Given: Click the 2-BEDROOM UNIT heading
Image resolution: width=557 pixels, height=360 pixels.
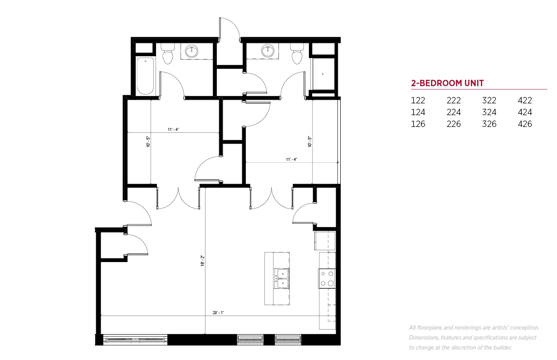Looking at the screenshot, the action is pyautogui.click(x=447, y=83).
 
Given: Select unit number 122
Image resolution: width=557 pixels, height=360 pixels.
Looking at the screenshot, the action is pyautogui.click(x=418, y=101).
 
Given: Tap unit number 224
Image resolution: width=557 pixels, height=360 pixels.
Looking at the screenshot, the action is pyautogui.click(x=454, y=112).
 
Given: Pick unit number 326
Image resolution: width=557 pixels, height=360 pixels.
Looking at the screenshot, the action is pyautogui.click(x=489, y=124).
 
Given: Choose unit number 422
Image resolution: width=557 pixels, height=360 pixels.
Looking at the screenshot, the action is pyautogui.click(x=525, y=101).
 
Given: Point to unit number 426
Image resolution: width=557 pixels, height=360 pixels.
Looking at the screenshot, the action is pyautogui.click(x=525, y=124).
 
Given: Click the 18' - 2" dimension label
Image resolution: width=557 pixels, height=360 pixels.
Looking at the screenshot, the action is pyautogui.click(x=202, y=261).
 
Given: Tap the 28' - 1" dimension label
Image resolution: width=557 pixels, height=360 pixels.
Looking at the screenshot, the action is pyautogui.click(x=218, y=312).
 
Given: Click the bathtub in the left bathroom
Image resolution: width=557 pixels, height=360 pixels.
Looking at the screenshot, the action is pyautogui.click(x=145, y=76).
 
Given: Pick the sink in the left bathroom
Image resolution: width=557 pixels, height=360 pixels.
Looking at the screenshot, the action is pyautogui.click(x=192, y=51).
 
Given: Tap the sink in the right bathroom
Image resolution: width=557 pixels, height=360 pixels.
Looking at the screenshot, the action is pyautogui.click(x=268, y=51).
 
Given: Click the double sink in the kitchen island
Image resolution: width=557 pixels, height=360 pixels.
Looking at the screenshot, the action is pyautogui.click(x=282, y=278).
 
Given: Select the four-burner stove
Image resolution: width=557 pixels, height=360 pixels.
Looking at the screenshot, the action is pyautogui.click(x=327, y=278).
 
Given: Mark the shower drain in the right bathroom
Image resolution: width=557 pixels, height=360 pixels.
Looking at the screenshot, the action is pyautogui.click(x=323, y=74).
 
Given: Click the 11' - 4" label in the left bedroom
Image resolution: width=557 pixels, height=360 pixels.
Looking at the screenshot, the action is pyautogui.click(x=173, y=130).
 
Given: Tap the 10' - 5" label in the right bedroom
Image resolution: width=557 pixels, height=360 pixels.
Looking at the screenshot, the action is pyautogui.click(x=310, y=141).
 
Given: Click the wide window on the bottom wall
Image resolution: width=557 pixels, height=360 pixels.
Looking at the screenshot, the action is pyautogui.click(x=135, y=339).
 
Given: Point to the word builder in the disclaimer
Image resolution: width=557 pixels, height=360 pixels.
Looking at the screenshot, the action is pyautogui.click(x=503, y=347).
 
